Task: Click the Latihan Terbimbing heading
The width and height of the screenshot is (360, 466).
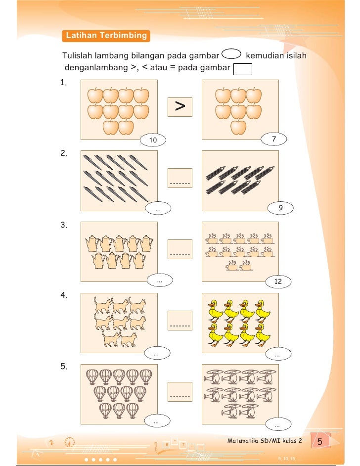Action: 106,36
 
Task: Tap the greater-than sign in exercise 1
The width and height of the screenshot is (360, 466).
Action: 180,106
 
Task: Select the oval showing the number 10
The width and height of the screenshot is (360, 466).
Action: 153,140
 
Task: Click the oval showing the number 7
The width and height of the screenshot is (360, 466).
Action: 274,140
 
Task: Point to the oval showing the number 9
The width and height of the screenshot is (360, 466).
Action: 280,209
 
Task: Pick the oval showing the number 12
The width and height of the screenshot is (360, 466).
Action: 278,281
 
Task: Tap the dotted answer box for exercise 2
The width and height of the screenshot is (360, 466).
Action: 180,179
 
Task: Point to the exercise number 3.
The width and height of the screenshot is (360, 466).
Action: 64,225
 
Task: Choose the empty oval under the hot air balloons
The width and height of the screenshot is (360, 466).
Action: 156,422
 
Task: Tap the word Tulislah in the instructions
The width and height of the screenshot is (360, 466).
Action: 78,55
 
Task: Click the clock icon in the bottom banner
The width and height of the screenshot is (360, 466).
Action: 71,444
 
